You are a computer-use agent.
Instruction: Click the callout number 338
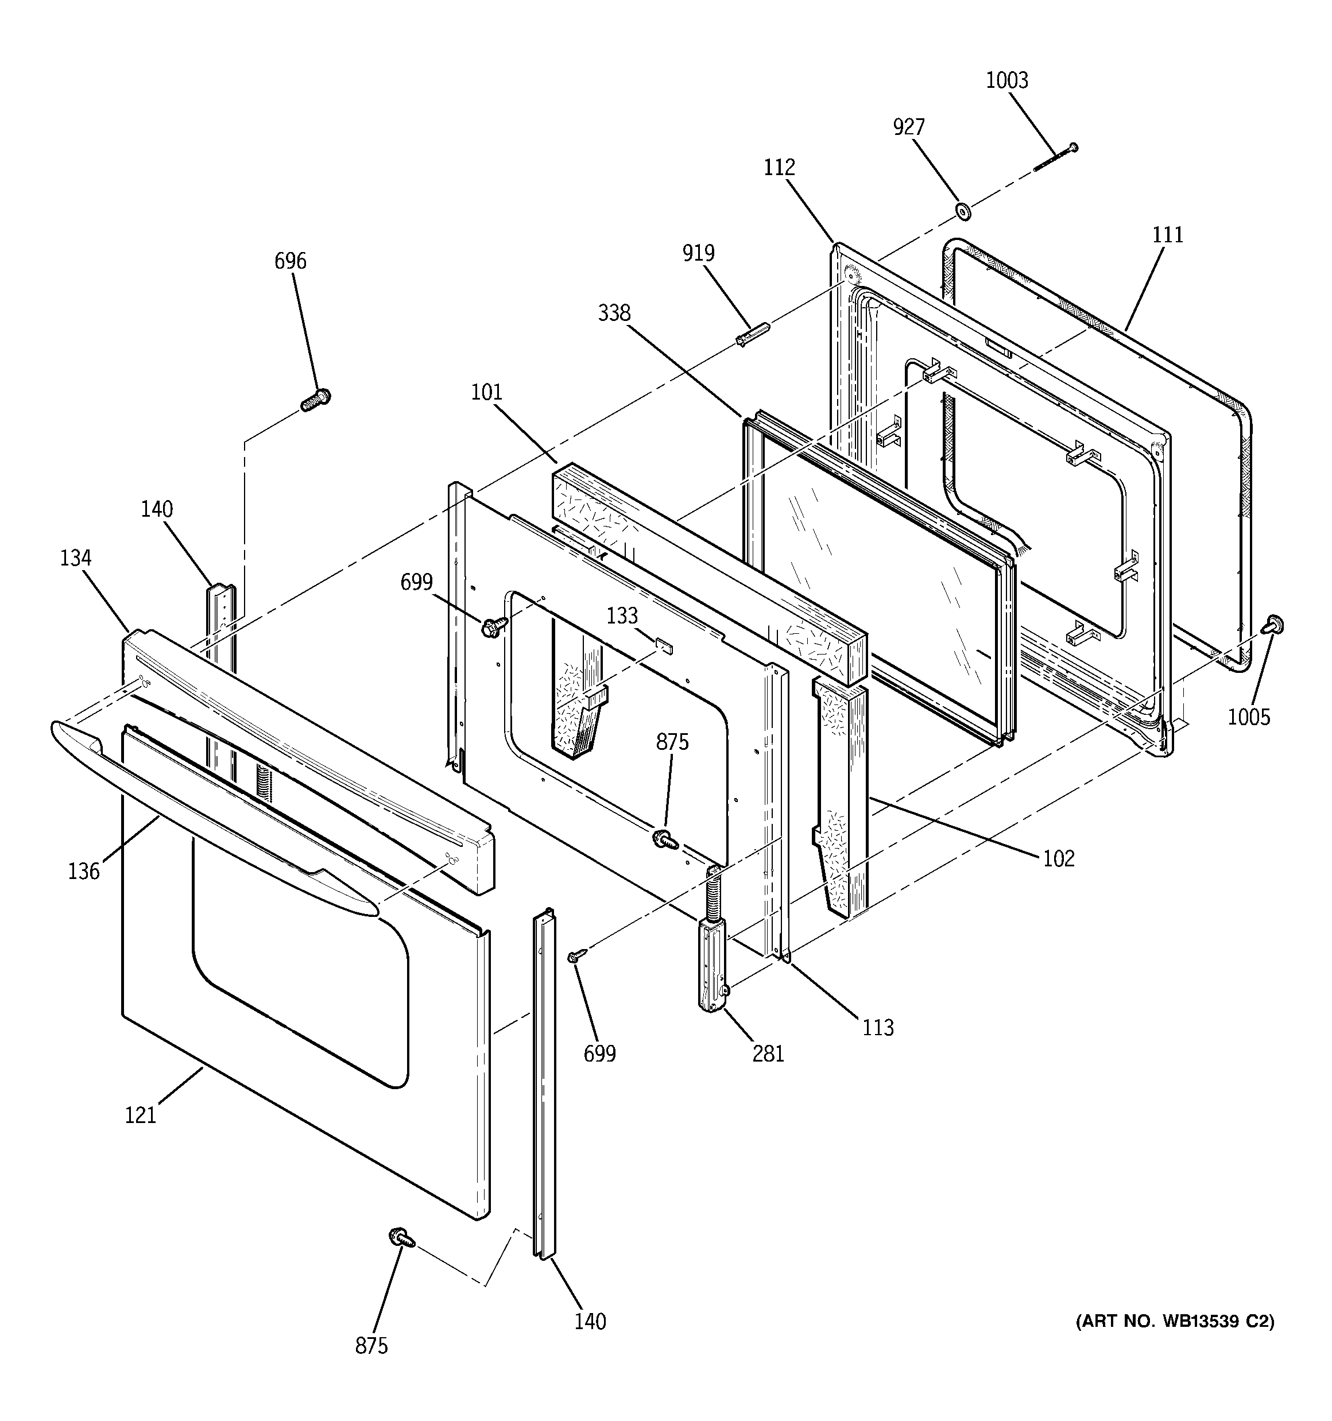(x=614, y=313)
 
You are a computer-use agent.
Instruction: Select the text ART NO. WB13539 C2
(x=1175, y=1322)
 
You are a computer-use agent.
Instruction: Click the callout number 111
(x=1168, y=234)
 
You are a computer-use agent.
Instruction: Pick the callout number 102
(x=1059, y=858)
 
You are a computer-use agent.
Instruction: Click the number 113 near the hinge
(x=878, y=1027)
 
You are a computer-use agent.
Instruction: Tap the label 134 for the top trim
(x=75, y=557)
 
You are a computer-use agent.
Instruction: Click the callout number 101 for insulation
(x=486, y=392)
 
